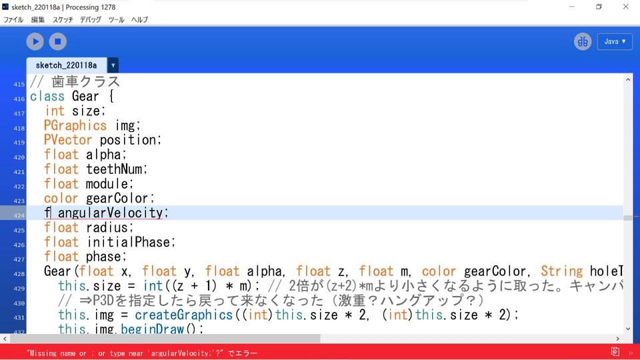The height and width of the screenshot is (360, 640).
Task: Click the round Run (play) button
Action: pyautogui.click(x=35, y=41)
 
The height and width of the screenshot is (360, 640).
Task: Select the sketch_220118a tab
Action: pyautogui.click(x=66, y=65)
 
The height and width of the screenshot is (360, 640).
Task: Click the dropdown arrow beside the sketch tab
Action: pyautogui.click(x=113, y=65)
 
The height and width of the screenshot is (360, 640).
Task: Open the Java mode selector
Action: pyautogui.click(x=615, y=41)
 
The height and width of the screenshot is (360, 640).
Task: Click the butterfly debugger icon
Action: pyautogui.click(x=583, y=41)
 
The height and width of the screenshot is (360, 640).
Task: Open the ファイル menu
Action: pyautogui.click(x=13, y=19)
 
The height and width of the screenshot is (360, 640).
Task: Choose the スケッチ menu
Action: pyautogui.click(x=63, y=19)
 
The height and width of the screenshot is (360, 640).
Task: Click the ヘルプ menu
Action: pyautogui.click(x=139, y=19)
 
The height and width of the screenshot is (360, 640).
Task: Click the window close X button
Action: pyautogui.click(x=625, y=7)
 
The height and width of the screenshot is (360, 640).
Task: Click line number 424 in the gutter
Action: pyautogui.click(x=19, y=215)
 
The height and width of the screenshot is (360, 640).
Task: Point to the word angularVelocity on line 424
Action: pyautogui.click(x=110, y=213)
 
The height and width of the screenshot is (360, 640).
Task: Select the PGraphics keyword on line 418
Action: pyautogui.click(x=75, y=125)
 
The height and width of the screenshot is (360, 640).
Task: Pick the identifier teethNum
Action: pyautogui.click(x=116, y=169)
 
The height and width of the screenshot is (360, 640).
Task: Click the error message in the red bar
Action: pyautogui.click(x=142, y=353)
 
